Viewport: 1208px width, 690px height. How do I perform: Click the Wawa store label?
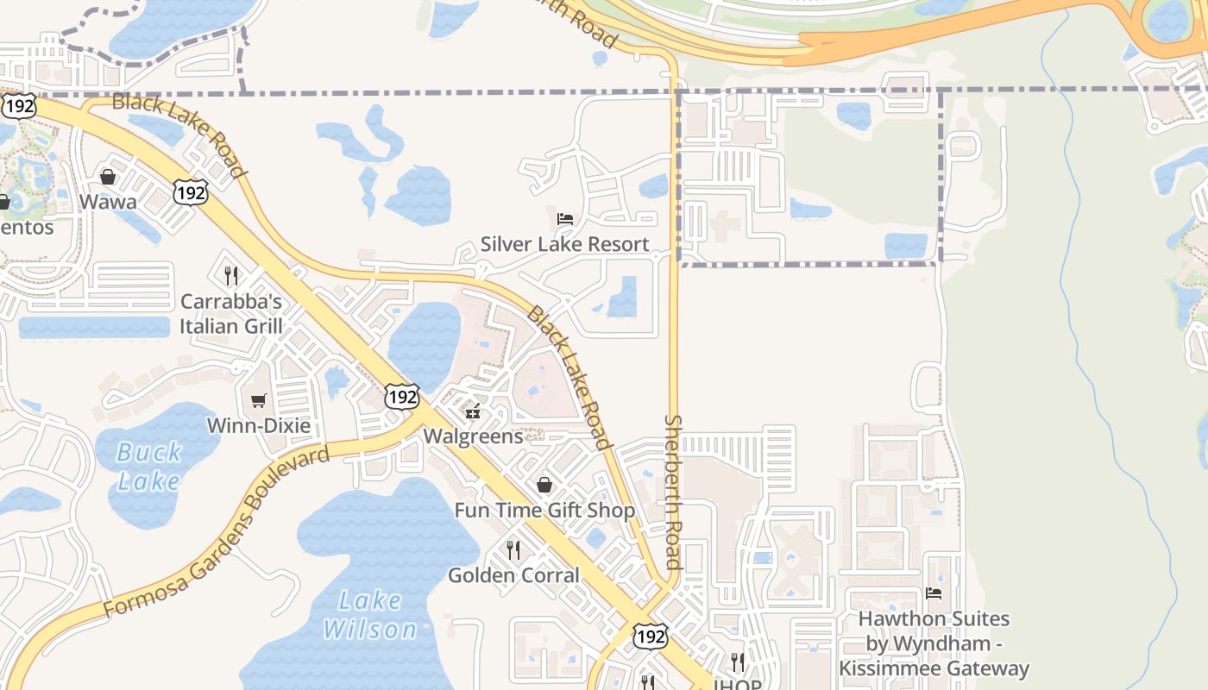[108, 202]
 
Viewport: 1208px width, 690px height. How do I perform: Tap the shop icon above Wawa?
[108, 177]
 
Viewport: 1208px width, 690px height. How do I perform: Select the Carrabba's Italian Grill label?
[230, 314]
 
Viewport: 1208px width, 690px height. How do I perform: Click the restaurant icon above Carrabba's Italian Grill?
[230, 276]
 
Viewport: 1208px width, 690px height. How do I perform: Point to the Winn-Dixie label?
[258, 425]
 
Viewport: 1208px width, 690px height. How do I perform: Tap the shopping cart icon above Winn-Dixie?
[258, 400]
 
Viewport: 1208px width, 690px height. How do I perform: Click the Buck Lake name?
[149, 466]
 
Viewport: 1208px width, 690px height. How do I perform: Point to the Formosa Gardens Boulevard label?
[217, 531]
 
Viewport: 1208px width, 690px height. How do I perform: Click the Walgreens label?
[473, 436]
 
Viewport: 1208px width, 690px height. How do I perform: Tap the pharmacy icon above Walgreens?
[473, 411]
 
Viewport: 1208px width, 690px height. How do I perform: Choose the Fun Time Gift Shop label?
[544, 511]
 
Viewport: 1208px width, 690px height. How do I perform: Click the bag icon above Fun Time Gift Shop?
[544, 485]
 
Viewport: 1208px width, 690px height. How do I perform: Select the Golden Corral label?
[513, 575]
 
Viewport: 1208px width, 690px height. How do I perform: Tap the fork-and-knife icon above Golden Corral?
[513, 549]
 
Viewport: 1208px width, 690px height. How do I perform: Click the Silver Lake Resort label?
[564, 244]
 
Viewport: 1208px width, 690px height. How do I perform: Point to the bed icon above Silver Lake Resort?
[565, 218]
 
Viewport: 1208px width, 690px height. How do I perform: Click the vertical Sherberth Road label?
[673, 492]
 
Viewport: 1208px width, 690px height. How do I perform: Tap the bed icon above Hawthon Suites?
[934, 593]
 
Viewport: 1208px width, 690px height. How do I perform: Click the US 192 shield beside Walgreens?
[402, 397]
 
